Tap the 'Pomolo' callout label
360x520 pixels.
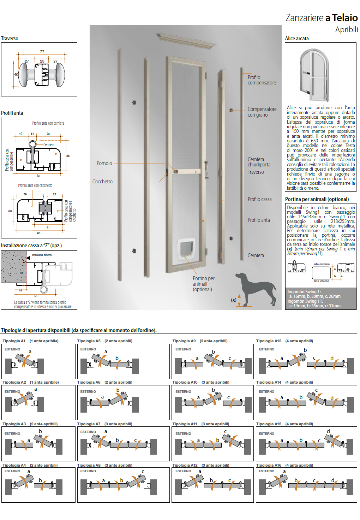(104, 163)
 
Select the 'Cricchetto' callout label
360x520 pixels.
(102, 182)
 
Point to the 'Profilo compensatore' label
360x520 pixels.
(262, 80)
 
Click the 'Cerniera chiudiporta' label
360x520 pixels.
(259, 162)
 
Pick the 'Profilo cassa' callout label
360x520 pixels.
(259, 199)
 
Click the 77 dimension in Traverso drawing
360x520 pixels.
(42, 52)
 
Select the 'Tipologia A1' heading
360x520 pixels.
(14, 341)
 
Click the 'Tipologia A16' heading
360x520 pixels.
(269, 465)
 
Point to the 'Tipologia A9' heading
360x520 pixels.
(184, 341)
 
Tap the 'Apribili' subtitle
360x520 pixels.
(346, 30)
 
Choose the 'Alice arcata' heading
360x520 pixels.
(297, 39)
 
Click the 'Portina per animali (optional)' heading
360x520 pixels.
(317, 199)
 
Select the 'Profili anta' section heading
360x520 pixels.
(12, 113)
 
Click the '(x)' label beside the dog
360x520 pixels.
(234, 300)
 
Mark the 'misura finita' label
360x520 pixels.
(42, 255)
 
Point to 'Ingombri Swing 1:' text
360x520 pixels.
(304, 292)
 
